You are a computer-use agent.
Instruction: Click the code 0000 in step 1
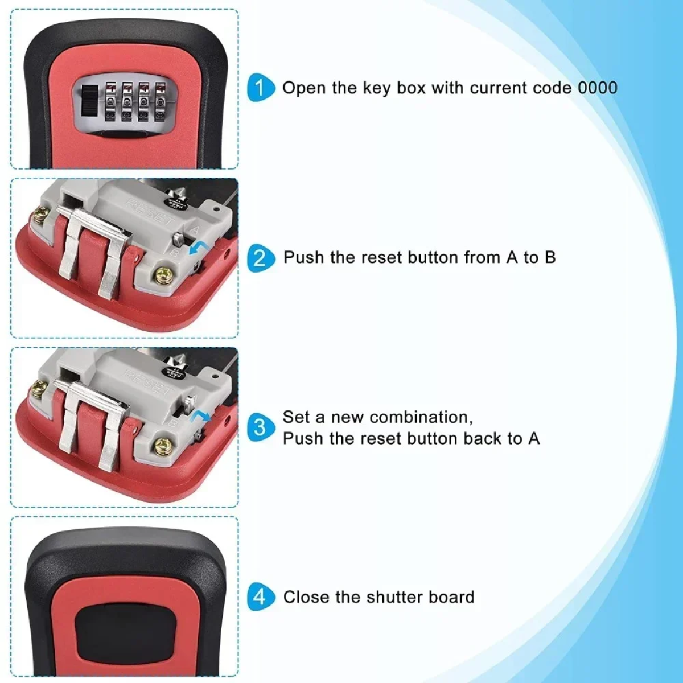[598, 88]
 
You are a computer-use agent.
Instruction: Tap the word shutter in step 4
[394, 597]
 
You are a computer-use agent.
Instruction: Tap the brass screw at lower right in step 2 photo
[164, 275]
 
